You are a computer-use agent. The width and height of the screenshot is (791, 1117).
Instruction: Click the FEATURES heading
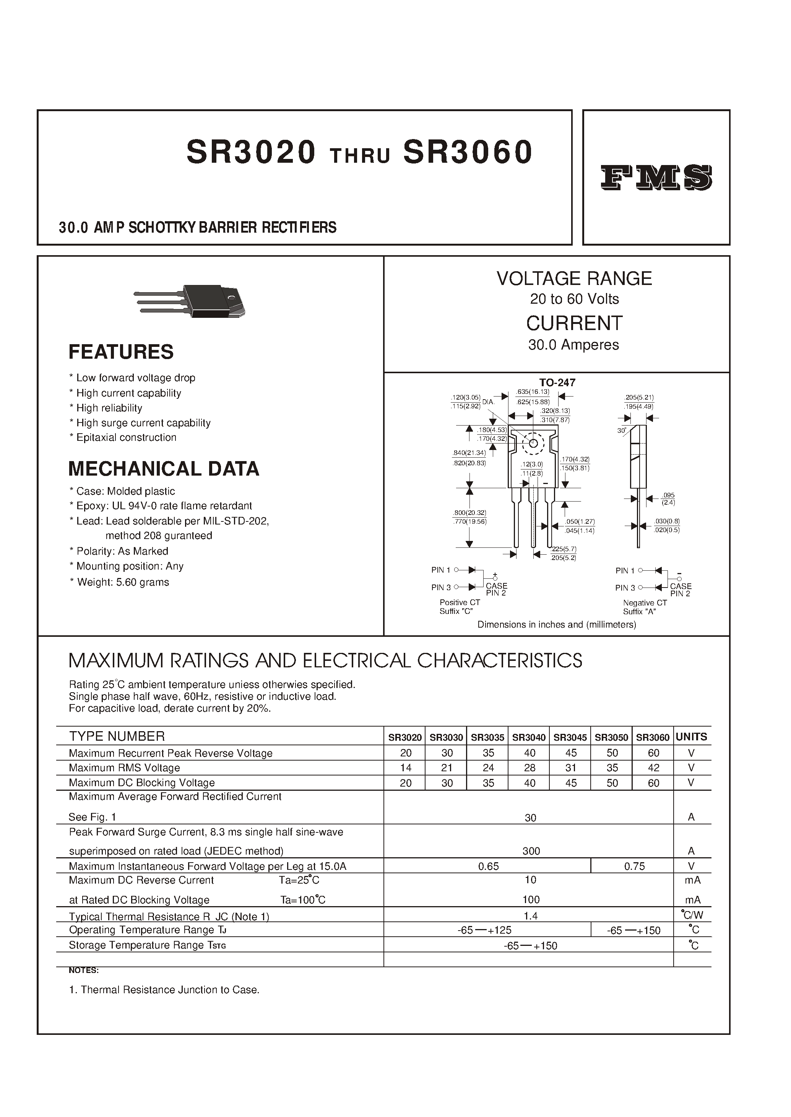pyautogui.click(x=121, y=351)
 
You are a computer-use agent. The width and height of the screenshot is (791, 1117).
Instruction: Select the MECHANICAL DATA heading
pyautogui.click(x=164, y=468)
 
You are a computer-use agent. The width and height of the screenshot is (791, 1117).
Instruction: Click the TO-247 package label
pyautogui.click(x=557, y=382)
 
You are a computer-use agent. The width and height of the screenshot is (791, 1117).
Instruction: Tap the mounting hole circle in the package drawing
pyautogui.click(x=533, y=443)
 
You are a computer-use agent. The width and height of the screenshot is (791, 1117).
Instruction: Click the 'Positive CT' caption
pyautogui.click(x=459, y=602)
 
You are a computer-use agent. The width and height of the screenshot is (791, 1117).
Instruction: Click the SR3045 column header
pyautogui.click(x=570, y=737)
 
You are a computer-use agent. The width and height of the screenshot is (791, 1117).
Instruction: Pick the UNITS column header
pyautogui.click(x=691, y=737)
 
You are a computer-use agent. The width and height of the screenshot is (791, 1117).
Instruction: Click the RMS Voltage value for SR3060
pyautogui.click(x=653, y=767)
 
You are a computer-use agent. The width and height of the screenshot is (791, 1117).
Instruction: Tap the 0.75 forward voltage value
pyautogui.click(x=634, y=866)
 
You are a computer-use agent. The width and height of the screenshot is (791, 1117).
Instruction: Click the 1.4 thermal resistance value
pyautogui.click(x=530, y=916)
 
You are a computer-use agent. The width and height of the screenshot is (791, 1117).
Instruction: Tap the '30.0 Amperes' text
pyautogui.click(x=573, y=345)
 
